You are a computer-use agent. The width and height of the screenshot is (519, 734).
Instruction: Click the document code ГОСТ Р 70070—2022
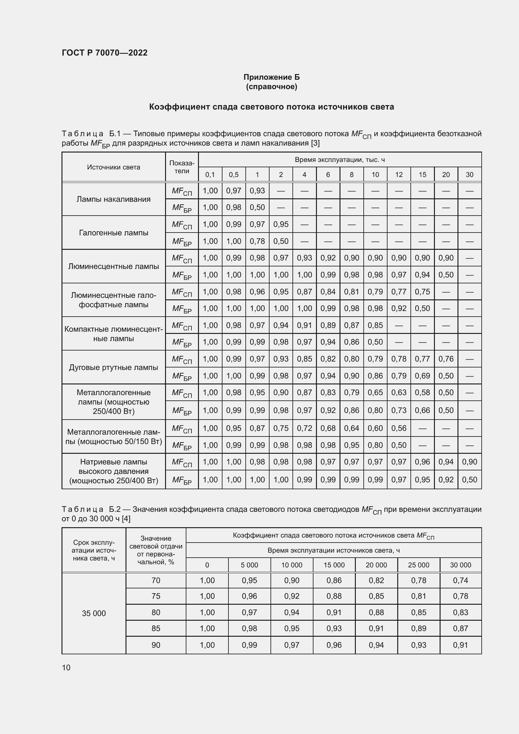[104, 53]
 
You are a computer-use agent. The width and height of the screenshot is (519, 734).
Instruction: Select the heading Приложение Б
[271, 77]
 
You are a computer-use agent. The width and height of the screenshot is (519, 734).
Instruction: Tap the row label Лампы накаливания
[114, 199]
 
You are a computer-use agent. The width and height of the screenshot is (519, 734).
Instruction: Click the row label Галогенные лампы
[114, 233]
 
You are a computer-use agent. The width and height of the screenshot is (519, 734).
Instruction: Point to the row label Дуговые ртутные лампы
[114, 367]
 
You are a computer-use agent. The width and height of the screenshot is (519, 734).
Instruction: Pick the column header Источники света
[114, 167]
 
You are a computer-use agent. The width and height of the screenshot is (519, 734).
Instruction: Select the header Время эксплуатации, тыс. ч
[340, 159]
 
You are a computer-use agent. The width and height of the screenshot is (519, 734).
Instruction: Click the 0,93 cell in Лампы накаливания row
[257, 191]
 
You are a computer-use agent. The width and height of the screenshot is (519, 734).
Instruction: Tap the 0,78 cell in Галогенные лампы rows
[257, 241]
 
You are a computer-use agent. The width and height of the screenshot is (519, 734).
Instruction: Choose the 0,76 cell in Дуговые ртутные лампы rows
[446, 359]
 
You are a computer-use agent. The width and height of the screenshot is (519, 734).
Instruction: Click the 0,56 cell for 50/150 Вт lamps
[399, 428]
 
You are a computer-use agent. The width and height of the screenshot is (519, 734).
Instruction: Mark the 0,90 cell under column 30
[469, 462]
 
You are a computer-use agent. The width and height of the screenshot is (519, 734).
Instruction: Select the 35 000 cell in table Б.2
[94, 613]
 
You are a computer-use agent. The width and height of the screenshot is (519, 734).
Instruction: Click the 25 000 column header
[418, 565]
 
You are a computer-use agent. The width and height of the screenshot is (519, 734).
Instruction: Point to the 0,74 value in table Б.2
[461, 581]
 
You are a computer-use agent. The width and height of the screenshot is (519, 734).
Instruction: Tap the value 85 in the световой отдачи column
[156, 629]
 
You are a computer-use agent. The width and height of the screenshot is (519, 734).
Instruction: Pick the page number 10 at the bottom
[66, 667]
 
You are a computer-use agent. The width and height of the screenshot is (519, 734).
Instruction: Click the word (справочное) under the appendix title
[271, 87]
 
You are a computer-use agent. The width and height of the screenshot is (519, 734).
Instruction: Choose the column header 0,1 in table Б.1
[210, 175]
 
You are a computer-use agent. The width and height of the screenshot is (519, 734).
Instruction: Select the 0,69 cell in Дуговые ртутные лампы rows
[422, 376]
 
